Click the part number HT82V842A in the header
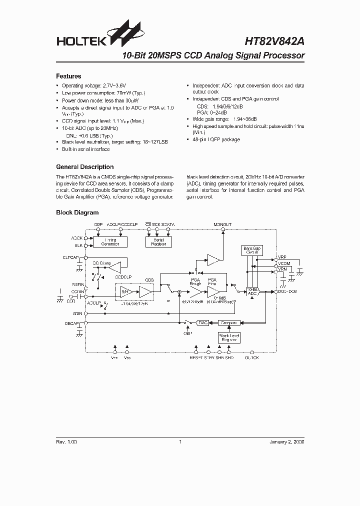[x=273, y=43]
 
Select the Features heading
[x=68, y=76]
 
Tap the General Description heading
[x=84, y=167]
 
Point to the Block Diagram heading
[x=77, y=212]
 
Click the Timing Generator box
[x=110, y=242]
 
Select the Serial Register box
[x=158, y=242]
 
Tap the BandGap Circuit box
[x=251, y=250]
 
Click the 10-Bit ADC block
[x=252, y=291]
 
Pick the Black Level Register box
[x=228, y=337]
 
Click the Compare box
[x=228, y=323]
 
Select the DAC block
[x=202, y=323]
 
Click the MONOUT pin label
[x=222, y=225]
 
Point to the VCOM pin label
[x=284, y=263]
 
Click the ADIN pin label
[x=76, y=313]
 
